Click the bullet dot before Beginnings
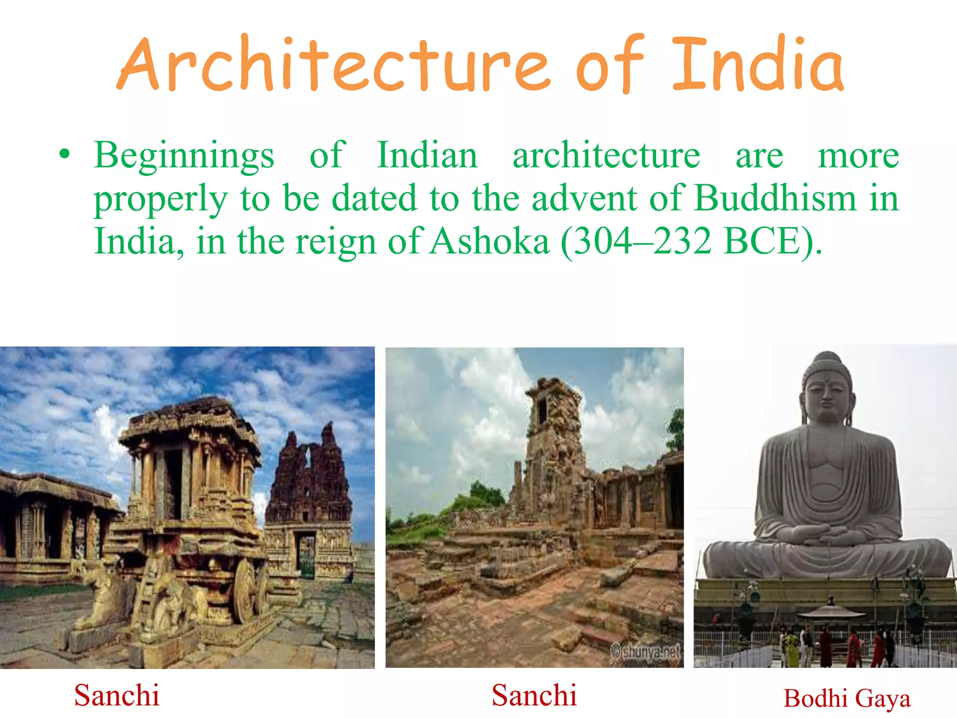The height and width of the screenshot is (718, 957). (x=64, y=154)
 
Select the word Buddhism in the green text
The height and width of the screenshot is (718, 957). (x=776, y=198)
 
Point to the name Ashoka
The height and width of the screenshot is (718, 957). (x=489, y=241)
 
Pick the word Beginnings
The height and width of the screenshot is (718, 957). (x=184, y=155)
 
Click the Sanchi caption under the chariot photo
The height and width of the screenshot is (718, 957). (x=117, y=695)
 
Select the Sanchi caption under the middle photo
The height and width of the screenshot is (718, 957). (x=534, y=695)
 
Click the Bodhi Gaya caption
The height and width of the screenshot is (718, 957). (x=847, y=699)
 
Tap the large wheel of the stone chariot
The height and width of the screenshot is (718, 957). (x=244, y=591)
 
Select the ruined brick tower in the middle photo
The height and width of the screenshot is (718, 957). (x=554, y=435)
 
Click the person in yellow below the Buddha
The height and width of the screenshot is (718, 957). (x=791, y=647)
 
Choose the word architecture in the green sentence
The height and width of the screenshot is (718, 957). (x=606, y=155)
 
